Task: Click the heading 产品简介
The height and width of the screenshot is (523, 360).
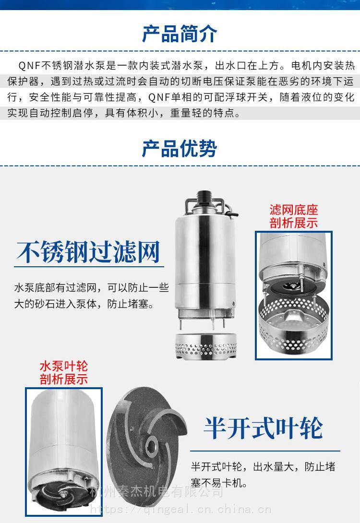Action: [180, 34]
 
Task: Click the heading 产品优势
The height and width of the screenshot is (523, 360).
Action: [180, 148]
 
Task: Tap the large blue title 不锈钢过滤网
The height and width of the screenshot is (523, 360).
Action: [88, 252]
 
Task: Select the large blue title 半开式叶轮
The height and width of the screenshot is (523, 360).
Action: [263, 428]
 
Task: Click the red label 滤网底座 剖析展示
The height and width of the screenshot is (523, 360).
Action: [294, 216]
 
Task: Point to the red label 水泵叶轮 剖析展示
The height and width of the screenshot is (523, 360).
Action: [64, 372]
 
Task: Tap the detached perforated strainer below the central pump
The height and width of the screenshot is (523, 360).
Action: [206, 346]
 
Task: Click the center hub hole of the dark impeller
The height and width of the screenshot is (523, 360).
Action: [153, 444]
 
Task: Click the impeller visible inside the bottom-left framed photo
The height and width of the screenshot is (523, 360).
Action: [62, 496]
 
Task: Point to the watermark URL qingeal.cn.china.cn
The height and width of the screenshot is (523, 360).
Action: [180, 509]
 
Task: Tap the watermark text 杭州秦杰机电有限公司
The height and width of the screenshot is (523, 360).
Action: [157, 491]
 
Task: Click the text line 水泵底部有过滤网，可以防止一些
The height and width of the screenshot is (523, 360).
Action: [91, 287]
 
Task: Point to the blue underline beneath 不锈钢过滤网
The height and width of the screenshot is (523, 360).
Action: [89, 267]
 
